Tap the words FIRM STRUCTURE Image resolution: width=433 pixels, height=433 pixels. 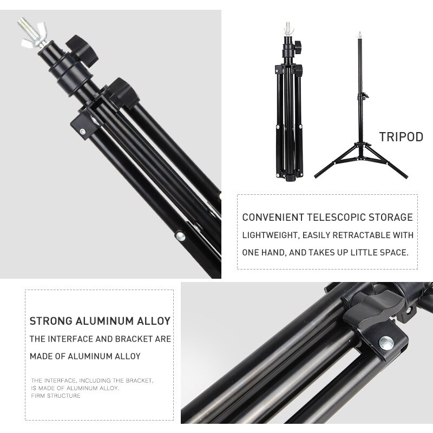pos(56,396)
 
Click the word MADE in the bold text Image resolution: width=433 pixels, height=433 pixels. pos(41,356)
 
